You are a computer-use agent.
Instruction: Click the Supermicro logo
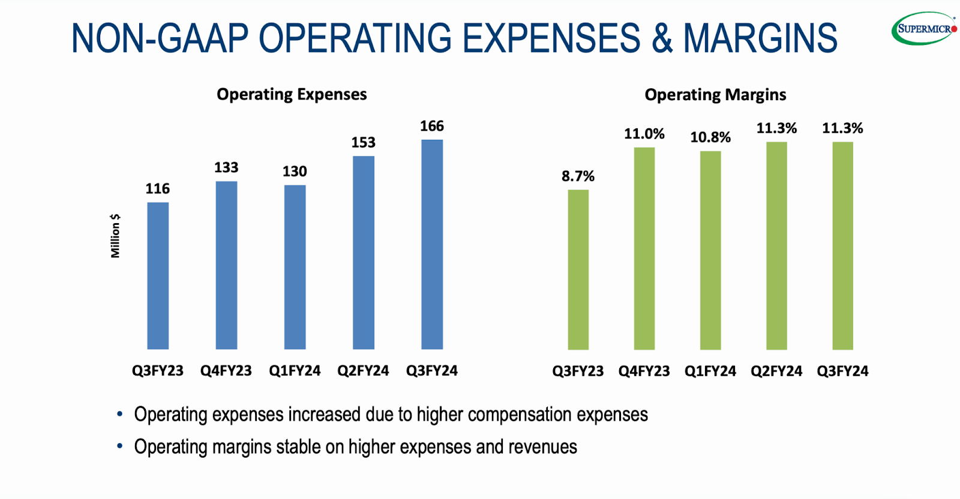pyautogui.click(x=923, y=28)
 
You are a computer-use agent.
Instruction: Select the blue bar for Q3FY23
pyautogui.click(x=158, y=276)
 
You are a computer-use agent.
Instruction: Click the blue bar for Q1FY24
pyautogui.click(x=295, y=267)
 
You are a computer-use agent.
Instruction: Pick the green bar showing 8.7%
pyautogui.click(x=578, y=270)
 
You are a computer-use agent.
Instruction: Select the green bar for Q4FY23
pyautogui.click(x=644, y=248)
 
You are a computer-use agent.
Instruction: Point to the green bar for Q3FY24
pyautogui.click(x=842, y=246)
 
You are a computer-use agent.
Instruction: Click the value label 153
pyautogui.click(x=363, y=143)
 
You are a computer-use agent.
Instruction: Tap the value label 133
pyautogui.click(x=226, y=168)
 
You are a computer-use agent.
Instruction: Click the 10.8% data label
pyautogui.click(x=710, y=137)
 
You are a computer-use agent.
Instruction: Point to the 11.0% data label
pyautogui.click(x=644, y=134)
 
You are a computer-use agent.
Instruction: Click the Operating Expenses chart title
pyautogui.click(x=292, y=94)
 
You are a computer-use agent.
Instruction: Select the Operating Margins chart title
pyautogui.click(x=715, y=95)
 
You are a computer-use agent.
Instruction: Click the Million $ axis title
pyautogui.click(x=115, y=236)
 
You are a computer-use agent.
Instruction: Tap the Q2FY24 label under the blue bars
pyautogui.click(x=363, y=371)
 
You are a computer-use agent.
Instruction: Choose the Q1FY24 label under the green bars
pyautogui.click(x=710, y=371)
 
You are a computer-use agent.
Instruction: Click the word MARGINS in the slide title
pyautogui.click(x=760, y=38)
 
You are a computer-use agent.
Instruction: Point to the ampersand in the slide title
pyautogui.click(x=662, y=38)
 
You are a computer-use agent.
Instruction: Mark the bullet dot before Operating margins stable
pyautogui.click(x=120, y=446)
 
